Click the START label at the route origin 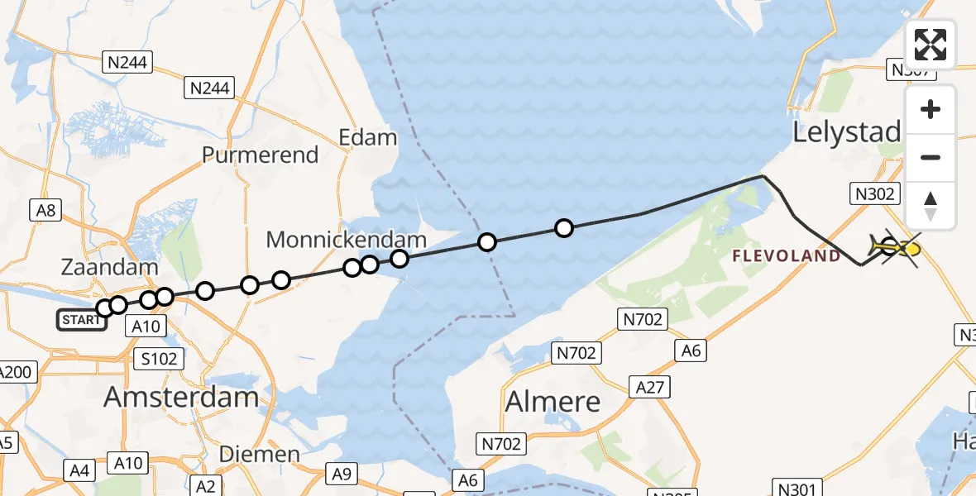pyautogui.click(x=81, y=319)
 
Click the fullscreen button pyautogui.click(x=931, y=44)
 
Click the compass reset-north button pyautogui.click(x=931, y=206)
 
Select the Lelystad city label pyautogui.click(x=847, y=132)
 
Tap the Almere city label pyautogui.click(x=553, y=402)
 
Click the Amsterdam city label pyautogui.click(x=181, y=398)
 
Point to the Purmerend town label pyautogui.click(x=261, y=155)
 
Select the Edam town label pyautogui.click(x=368, y=136)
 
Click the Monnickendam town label pyautogui.click(x=347, y=241)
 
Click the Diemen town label pyautogui.click(x=260, y=454)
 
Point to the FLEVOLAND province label pyautogui.click(x=787, y=256)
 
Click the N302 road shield pyautogui.click(x=873, y=194)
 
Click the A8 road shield pyautogui.click(x=45, y=211)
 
